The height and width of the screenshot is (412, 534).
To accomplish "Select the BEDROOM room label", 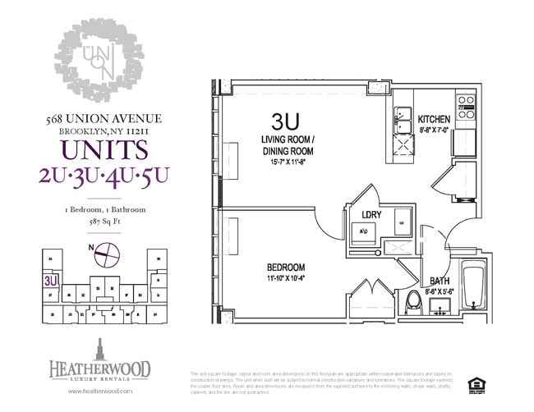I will point(285,268).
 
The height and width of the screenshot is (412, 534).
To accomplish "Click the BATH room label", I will point(440,281).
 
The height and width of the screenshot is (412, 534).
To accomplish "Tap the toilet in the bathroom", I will point(414,302).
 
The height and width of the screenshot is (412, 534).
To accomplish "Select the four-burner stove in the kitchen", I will point(466,109).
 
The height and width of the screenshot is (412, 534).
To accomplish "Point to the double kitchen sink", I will point(403,121).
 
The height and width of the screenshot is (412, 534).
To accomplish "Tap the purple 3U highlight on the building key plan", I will point(52,279).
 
